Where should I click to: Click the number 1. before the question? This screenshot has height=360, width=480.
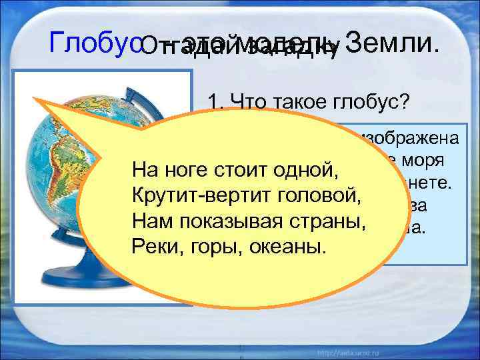pos(215,102)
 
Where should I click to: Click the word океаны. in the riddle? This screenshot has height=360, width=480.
pos(287,246)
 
